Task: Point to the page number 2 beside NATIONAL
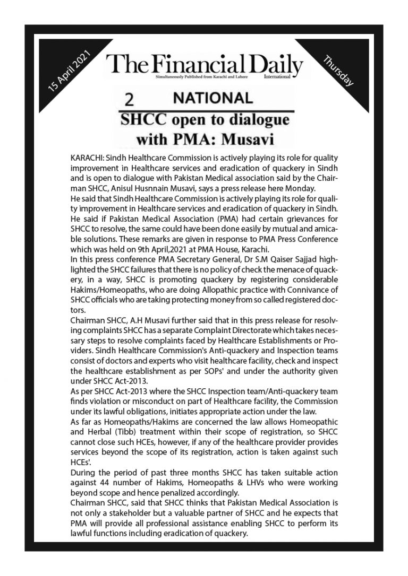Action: pos(127,99)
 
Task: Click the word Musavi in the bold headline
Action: pos(248,139)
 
